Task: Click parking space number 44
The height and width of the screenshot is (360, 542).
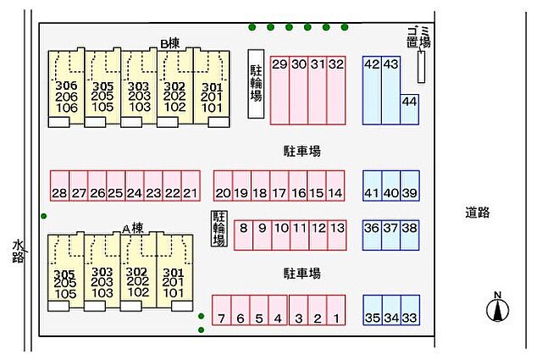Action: click(410, 109)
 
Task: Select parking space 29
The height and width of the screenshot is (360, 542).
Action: click(279, 91)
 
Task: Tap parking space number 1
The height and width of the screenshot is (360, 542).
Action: click(336, 310)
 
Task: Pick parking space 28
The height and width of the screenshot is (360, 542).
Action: click(59, 186)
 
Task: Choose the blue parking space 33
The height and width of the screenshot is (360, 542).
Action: click(410, 310)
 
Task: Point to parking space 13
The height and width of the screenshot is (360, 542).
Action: click(337, 235)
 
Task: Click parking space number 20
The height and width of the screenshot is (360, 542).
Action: click(223, 186)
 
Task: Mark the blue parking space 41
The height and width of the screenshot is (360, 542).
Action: click(373, 186)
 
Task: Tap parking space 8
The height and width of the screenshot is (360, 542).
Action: click(243, 235)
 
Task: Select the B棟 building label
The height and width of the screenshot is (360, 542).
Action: click(170, 43)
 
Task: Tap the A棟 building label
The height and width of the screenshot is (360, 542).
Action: click(133, 229)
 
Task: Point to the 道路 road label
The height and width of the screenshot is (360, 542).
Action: click(478, 213)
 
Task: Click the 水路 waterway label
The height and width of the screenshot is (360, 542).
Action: click(18, 252)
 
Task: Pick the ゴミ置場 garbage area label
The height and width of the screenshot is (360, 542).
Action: click(418, 37)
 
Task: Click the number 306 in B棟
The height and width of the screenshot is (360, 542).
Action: click(66, 86)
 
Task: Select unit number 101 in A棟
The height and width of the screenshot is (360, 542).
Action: click(173, 293)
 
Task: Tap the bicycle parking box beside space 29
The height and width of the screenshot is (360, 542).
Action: click(256, 84)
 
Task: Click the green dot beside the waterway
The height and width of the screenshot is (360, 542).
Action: click(43, 216)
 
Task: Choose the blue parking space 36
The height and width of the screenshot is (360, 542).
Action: click(373, 235)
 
